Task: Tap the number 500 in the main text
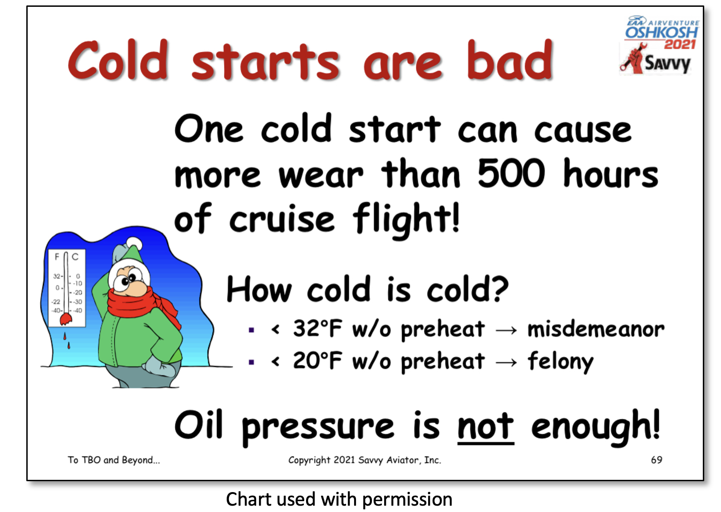pyautogui.click(x=511, y=173)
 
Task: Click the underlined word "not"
pyautogui.click(x=486, y=426)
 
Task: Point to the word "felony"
pyautogui.click(x=560, y=362)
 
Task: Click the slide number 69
pyautogui.click(x=657, y=460)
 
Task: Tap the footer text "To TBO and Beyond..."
pyautogui.click(x=114, y=460)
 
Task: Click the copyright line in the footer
pyautogui.click(x=365, y=460)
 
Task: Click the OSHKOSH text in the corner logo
pyautogui.click(x=662, y=33)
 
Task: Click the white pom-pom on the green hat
pyautogui.click(x=134, y=244)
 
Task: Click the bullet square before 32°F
pyautogui.click(x=252, y=330)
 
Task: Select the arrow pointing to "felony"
pyautogui.click(x=507, y=362)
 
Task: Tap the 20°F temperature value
pyautogui.click(x=317, y=361)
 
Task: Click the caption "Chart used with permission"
pyautogui.click(x=339, y=499)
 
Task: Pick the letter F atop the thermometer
pyautogui.click(x=57, y=256)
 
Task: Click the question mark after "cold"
pyautogui.click(x=500, y=289)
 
